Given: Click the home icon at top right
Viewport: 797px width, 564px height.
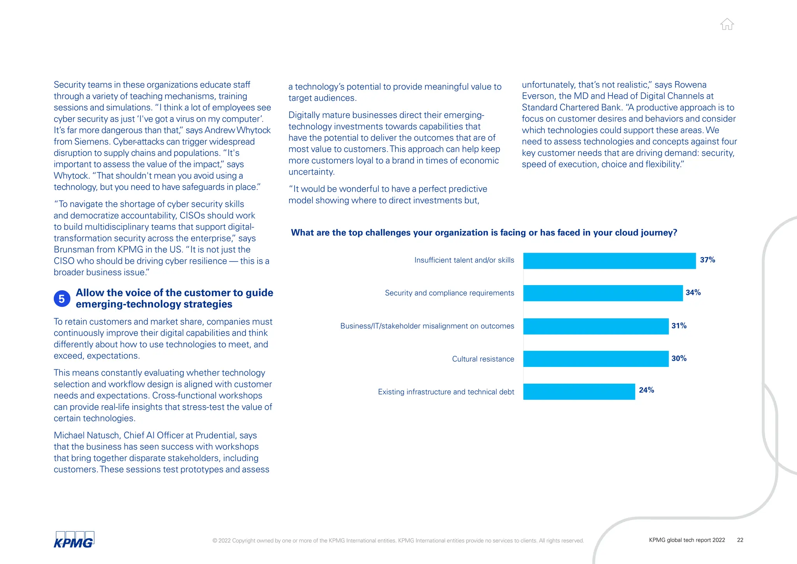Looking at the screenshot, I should click(x=727, y=24).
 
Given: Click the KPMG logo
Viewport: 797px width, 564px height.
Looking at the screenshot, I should click(x=74, y=540).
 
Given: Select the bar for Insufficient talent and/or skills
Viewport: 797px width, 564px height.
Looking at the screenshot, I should click(x=609, y=261).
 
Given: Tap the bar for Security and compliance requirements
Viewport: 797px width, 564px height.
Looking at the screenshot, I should click(x=602, y=293).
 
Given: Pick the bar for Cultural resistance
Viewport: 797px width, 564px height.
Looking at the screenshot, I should click(x=595, y=359).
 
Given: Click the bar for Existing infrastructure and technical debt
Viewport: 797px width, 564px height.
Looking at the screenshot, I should click(x=579, y=391).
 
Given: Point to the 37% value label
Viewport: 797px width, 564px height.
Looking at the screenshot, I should click(x=707, y=260).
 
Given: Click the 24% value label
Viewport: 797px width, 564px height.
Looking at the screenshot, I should click(x=646, y=390).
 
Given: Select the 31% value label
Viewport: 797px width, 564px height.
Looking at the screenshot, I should click(x=679, y=326).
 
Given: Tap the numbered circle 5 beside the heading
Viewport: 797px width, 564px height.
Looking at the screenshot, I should click(x=62, y=299).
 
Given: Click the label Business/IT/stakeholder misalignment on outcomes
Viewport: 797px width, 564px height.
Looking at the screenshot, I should click(x=427, y=326).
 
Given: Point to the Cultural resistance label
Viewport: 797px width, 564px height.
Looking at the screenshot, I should click(x=483, y=359).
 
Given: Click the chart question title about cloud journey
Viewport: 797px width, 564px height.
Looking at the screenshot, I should click(x=484, y=233).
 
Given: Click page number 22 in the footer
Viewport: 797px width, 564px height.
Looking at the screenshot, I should click(x=740, y=540).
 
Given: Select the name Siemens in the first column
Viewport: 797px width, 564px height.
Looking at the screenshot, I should click(x=91, y=142).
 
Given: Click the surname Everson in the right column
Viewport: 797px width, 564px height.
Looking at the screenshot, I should click(x=539, y=96).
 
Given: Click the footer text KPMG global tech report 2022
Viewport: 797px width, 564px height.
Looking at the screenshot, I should click(x=686, y=540).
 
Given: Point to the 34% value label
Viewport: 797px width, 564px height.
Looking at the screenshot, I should click(x=693, y=293).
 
